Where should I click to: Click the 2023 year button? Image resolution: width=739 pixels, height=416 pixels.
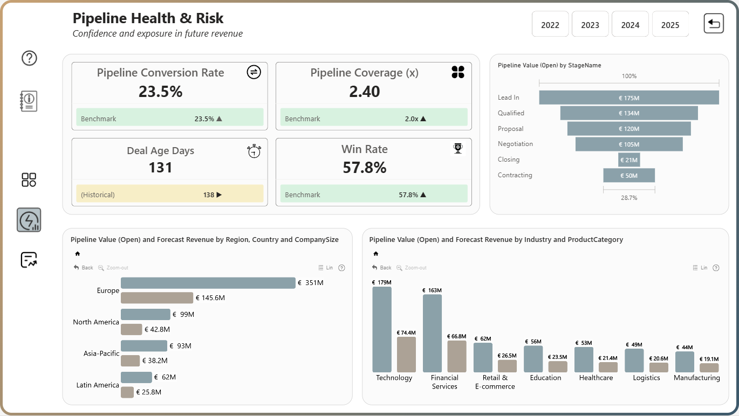point(590,24)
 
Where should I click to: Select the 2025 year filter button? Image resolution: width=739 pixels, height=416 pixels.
point(670,24)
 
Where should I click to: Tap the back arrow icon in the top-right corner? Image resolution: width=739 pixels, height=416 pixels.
point(714,23)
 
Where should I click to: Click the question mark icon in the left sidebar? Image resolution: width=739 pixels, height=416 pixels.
point(29,58)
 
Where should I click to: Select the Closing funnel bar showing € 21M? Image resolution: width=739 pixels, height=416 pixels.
point(629,160)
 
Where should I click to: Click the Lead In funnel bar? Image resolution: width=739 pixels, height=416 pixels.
point(629,98)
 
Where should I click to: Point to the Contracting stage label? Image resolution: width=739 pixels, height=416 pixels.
point(515,175)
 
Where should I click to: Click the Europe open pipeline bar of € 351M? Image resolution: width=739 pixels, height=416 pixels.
point(208,283)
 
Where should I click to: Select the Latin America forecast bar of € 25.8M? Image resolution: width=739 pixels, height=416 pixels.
point(127,392)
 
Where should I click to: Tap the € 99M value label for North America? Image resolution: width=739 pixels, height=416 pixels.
point(183,315)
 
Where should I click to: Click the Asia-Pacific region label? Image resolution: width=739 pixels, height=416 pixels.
point(101,353)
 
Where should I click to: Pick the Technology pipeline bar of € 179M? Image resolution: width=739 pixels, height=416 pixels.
point(382,329)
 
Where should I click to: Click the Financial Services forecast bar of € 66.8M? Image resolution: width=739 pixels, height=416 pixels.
point(456,356)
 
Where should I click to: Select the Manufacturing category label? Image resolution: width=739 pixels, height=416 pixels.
point(696,378)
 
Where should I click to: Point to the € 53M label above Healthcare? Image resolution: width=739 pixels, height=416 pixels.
point(584,343)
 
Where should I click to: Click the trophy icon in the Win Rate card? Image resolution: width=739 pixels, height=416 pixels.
point(457,148)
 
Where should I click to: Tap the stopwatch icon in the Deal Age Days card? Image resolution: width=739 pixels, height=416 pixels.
point(254,151)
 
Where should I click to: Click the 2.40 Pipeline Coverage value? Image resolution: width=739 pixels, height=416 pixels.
point(364,91)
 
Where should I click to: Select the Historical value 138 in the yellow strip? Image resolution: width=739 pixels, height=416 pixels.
point(209,195)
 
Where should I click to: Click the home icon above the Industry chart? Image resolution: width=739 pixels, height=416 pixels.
point(375,253)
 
